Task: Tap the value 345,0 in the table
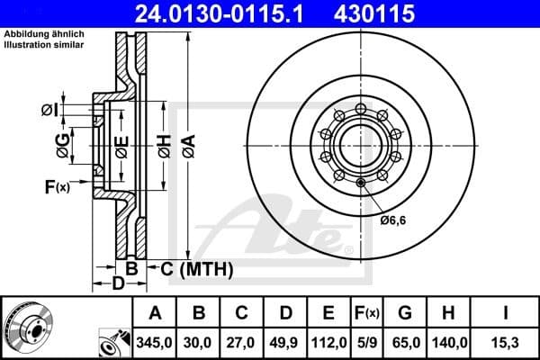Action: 156,343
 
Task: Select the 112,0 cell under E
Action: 328,343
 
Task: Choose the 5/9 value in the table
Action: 367,343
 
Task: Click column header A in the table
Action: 156,313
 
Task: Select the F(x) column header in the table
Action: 367,313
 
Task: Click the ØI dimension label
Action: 50,110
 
